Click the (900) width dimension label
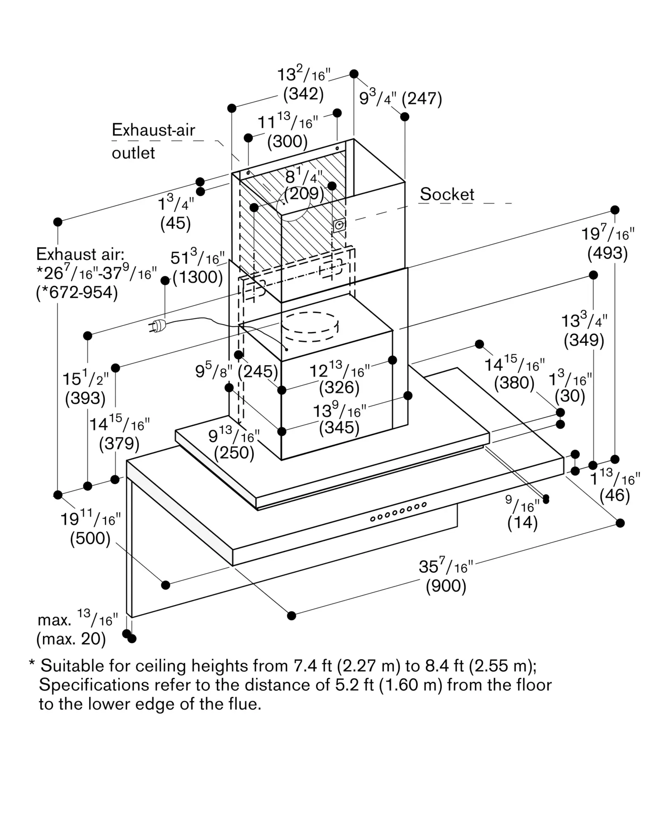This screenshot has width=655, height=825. pos(446,586)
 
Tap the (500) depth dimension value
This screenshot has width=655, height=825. pos(90,539)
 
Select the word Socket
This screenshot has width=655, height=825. pos(447,194)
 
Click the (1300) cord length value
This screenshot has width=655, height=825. pos(198,277)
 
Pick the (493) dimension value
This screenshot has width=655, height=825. pos(608,253)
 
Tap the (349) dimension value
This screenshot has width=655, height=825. pos(584,340)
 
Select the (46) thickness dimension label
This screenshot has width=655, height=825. pos(615,495)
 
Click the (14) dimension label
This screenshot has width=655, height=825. pos(522,523)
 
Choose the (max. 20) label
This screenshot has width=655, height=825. pos(71,639)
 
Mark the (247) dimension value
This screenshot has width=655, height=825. pos(422,99)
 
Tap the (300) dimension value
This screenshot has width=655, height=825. pos(287,141)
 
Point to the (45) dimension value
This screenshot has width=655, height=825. pos(176,223)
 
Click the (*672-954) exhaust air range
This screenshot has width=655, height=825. pos(77,292)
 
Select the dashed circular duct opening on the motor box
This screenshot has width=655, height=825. pos(310,327)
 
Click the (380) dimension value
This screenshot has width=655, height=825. pos(514,383)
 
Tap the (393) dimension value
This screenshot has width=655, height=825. pos(85,398)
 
